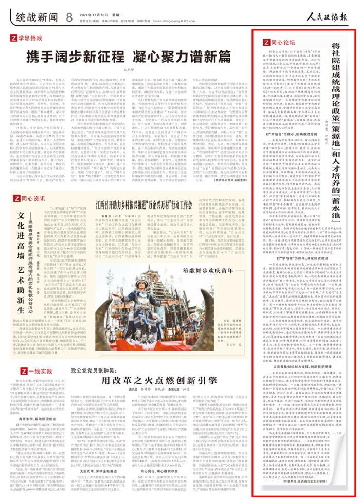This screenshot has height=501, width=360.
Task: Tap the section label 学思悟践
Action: [30, 39]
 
